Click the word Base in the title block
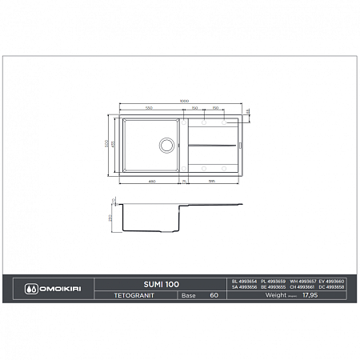[x=189, y=294]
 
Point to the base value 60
[x=214, y=294]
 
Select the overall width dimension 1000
[x=185, y=101]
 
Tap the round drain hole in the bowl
[x=166, y=145]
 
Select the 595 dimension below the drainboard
[x=211, y=181]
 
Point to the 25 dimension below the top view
[x=183, y=181]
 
